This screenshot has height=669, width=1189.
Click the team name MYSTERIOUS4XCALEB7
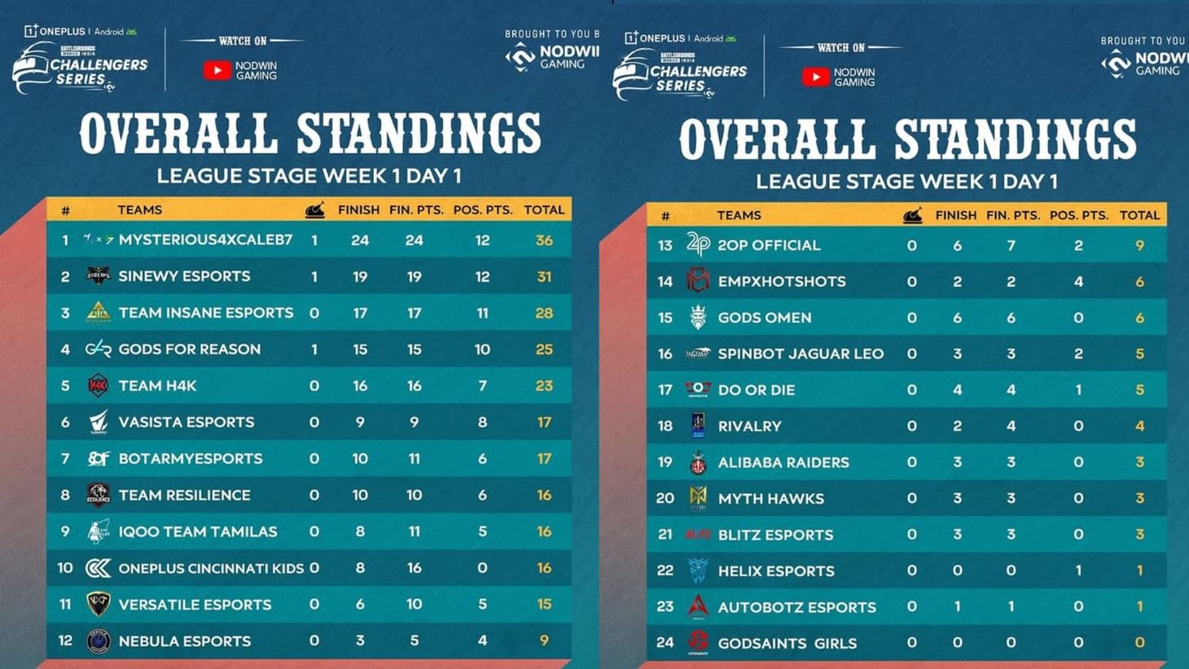coord(205,240)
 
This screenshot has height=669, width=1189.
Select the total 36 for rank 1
coord(544,240)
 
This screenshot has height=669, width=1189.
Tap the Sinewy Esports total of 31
coord(544,277)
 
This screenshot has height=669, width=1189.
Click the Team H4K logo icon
coord(98,385)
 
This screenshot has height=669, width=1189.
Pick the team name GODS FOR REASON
coord(189,350)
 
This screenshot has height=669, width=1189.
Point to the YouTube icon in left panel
coord(217,71)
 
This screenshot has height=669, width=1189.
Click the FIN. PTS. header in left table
coord(416,210)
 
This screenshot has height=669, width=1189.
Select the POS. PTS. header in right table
coord(1079,216)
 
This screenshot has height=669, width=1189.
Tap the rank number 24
coord(665,643)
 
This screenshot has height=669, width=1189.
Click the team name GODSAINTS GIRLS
coord(787,644)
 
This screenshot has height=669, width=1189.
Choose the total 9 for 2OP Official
coord(1139,245)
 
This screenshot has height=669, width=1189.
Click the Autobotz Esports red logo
coord(698,606)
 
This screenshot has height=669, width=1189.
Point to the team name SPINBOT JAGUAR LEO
coord(800,354)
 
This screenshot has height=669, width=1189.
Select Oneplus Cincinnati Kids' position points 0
coord(482,568)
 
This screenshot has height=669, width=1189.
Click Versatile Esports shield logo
coord(98,604)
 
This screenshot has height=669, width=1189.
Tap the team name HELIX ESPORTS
coord(775,571)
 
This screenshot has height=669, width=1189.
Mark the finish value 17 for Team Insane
coord(360,313)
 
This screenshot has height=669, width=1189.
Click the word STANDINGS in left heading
coord(419,134)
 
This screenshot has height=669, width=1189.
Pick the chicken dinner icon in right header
coord(912,216)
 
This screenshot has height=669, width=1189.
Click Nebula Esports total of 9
coord(544,641)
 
